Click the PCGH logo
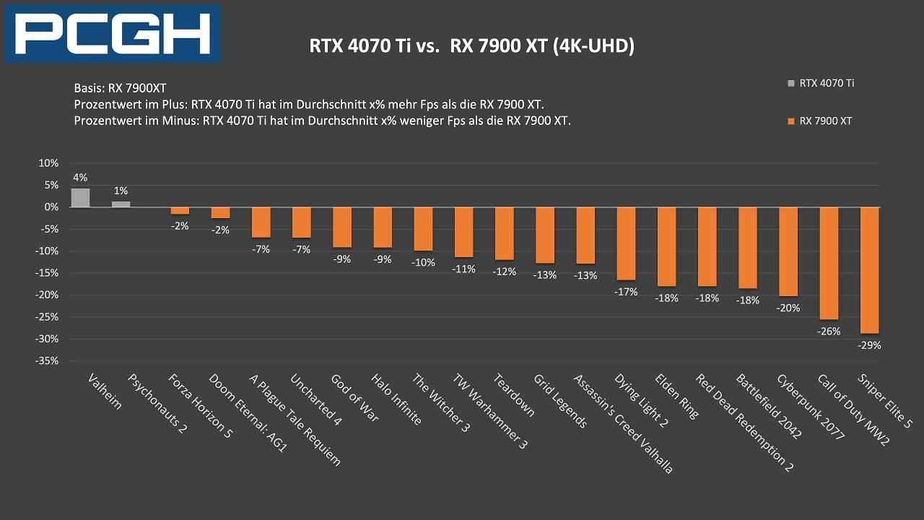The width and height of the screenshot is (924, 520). coord(113,33)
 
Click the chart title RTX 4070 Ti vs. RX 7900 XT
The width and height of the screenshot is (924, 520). coord(472,46)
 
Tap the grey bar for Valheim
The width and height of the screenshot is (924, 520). coord(80,198)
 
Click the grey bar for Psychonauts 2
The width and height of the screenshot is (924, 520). coord(121,204)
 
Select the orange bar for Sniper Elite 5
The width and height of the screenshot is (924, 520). coord(869,270)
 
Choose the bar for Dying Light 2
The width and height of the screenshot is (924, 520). coord(627,243)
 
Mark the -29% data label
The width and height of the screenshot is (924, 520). coord(869,345)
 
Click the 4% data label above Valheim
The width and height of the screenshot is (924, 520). coord(80,178)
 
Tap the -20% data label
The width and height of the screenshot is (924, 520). coord(788,308)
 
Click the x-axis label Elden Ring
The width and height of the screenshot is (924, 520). coord(676,396)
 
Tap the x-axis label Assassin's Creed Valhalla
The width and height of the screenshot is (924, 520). coord(622,423)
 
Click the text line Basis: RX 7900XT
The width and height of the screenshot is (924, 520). coord(119,88)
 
